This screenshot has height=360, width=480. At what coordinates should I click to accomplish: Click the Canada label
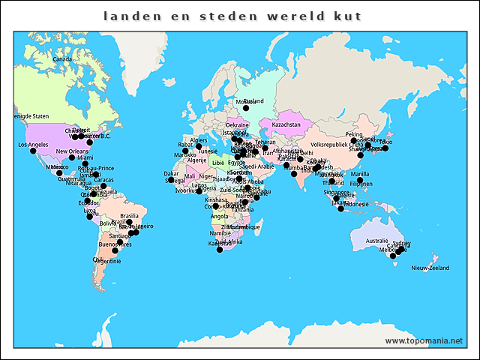tap(61, 59)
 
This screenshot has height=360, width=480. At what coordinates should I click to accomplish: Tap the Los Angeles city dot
tap(33, 151)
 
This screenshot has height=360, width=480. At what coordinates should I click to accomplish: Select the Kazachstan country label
tap(286, 124)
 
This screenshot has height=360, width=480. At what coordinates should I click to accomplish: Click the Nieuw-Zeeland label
tap(430, 268)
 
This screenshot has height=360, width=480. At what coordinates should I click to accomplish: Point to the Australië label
tap(377, 241)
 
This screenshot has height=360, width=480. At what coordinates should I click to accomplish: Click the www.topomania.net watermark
tap(424, 340)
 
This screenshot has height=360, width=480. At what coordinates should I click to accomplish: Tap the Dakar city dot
tap(171, 180)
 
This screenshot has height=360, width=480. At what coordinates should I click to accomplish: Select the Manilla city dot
tap(360, 181)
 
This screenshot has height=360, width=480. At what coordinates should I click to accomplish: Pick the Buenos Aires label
tap(115, 244)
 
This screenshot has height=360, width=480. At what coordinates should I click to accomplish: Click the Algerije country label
tap(196, 160)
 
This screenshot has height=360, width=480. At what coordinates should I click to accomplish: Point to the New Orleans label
tap(72, 151)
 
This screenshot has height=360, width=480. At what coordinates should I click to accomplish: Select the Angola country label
tap(219, 217)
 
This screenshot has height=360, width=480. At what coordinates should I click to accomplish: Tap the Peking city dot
tap(354, 140)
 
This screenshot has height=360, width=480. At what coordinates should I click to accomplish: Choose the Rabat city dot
tap(185, 151)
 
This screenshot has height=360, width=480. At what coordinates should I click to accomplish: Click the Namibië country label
tap(220, 233)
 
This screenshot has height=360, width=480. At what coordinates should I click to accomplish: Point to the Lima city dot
tap(90, 217)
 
